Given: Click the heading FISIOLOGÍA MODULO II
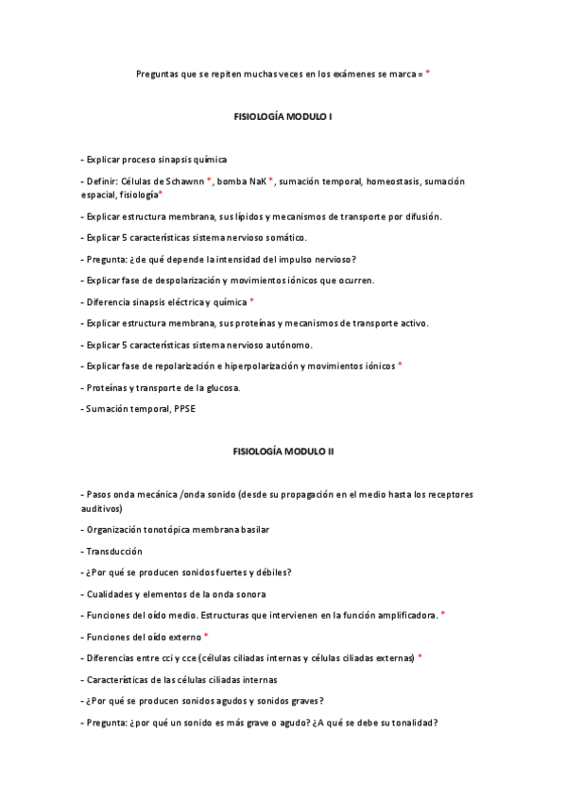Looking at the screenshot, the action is pos(283,452).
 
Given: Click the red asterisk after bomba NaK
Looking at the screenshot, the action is pos(270,179).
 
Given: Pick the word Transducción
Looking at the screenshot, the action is pos(114,551).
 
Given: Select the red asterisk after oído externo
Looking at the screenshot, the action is pos(206,636).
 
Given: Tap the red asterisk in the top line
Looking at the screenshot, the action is pos(427,72).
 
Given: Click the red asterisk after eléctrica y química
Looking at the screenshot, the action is pos(251,300).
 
